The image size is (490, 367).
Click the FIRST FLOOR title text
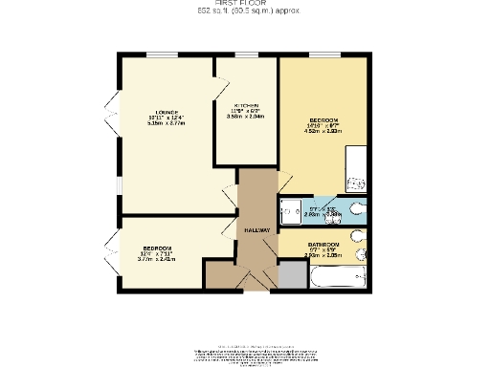click(x=245, y=4)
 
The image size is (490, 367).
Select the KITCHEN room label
click(x=247, y=105)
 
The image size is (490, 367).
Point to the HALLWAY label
click(x=256, y=230)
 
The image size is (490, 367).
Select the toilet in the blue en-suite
click(x=356, y=211)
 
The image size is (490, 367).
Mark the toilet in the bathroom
click(x=359, y=255)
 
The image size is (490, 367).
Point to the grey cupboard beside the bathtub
click(x=289, y=275)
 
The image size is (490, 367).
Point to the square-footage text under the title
click(x=245, y=12)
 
